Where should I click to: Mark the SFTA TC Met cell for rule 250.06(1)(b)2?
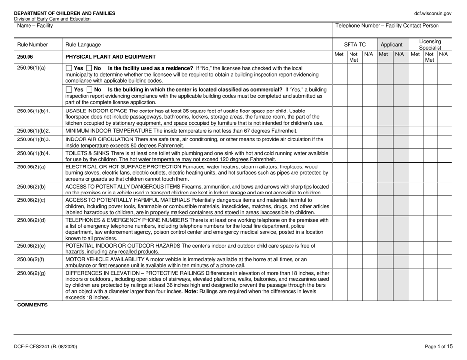click(340, 131)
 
